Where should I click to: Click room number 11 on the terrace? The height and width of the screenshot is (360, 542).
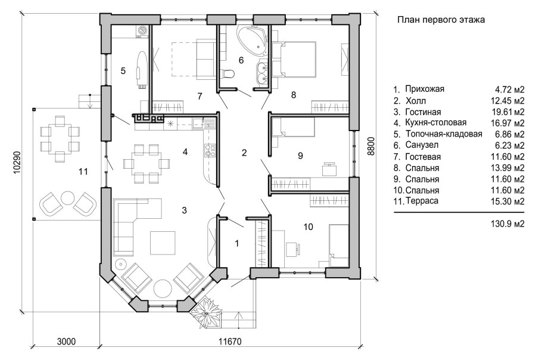click(x=83, y=172)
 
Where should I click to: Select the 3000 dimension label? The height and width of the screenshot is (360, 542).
click(x=66, y=342)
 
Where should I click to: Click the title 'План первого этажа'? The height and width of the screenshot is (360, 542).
click(x=441, y=20)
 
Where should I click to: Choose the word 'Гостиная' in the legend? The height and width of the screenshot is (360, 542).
click(x=423, y=112)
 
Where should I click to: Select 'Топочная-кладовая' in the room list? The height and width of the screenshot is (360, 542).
click(x=444, y=134)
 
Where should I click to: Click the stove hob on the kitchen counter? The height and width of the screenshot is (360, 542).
click(x=210, y=150)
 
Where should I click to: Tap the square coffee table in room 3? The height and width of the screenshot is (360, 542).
click(x=163, y=243)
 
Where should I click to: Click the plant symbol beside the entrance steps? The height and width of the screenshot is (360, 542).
click(x=207, y=314)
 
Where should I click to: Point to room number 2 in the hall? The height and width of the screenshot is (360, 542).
click(x=244, y=153)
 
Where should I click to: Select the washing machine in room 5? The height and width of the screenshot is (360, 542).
click(x=143, y=31)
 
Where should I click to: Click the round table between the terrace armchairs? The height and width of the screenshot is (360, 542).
click(x=68, y=198)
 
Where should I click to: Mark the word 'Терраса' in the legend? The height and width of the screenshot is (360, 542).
click(x=422, y=201)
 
